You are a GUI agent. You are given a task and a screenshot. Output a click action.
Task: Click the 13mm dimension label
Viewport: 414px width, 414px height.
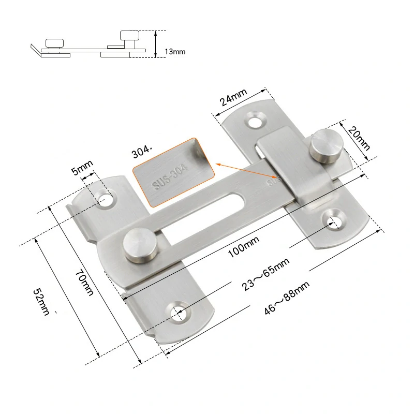point(175,51)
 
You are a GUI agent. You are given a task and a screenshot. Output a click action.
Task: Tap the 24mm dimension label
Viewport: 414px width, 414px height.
point(233,97)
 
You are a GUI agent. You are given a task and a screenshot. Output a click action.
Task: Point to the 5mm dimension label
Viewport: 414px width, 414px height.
point(82,167)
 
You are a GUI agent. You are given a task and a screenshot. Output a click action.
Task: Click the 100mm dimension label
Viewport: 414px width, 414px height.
point(243,247)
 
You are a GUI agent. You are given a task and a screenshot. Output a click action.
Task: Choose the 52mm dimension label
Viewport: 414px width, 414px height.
point(41,302)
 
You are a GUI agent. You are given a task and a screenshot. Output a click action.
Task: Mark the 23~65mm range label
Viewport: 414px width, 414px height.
point(265,274)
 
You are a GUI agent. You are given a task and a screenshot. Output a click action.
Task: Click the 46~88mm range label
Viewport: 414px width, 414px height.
point(287,298)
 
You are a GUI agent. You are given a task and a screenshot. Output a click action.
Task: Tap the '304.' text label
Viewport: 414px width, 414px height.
point(142,152)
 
